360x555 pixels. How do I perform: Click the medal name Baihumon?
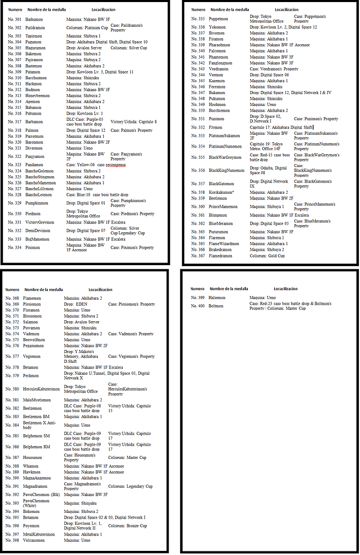pyautogui.click(x=33, y=19)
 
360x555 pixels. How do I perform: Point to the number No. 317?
pyautogui.click(x=14, y=122)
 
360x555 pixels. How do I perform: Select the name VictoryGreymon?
pyautogui.click(x=39, y=222)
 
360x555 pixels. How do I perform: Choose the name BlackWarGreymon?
pyautogui.click(x=226, y=157)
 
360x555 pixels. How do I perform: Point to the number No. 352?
pyautogui.click(x=198, y=127)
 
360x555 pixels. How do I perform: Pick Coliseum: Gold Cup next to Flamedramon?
pyautogui.click(x=267, y=255)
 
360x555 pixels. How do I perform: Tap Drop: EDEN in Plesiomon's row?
pyautogui.click(x=76, y=304)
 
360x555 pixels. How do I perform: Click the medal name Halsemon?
pyautogui.click(x=217, y=298)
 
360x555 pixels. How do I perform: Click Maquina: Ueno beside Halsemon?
pyautogui.click(x=263, y=298)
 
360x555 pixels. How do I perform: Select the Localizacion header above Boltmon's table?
pyautogui.click(x=285, y=289)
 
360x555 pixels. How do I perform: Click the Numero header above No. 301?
pyautogui.click(x=14, y=10)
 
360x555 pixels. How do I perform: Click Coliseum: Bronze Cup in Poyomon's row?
pyautogui.click(x=128, y=526)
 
